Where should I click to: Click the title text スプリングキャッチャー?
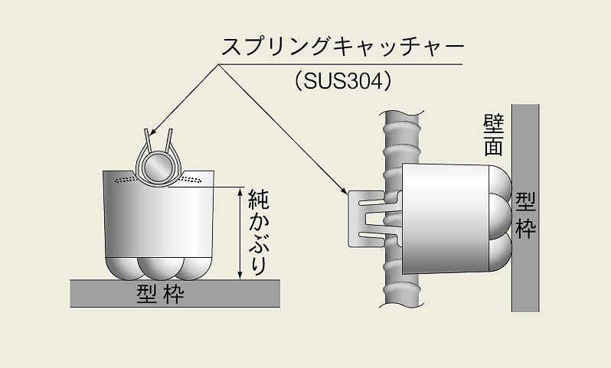click(342, 47)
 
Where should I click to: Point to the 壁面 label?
click(492, 135)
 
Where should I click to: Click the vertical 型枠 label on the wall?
click(525, 215)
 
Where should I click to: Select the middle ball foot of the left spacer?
click(157, 265)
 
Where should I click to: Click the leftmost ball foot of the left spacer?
click(122, 265)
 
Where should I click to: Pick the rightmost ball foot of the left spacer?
click(192, 265)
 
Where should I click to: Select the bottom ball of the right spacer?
click(499, 257)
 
